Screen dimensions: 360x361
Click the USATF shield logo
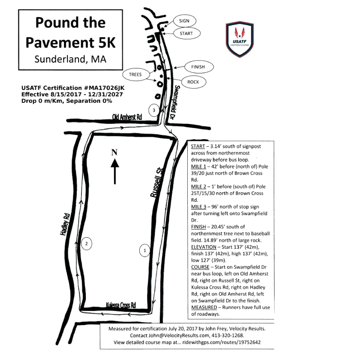click(x=240, y=39)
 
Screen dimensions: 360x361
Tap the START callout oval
click(x=186, y=33)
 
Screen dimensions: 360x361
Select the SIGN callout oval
click(x=184, y=21)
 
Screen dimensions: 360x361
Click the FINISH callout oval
click(x=198, y=67)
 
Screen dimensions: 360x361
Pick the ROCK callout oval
click(x=194, y=82)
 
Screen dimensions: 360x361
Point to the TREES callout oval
click(x=135, y=74)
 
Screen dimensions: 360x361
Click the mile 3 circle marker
click(x=154, y=110)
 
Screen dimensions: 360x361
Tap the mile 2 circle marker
click(x=86, y=244)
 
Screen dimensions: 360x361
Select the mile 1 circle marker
click(x=145, y=250)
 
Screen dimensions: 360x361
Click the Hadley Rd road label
click(x=65, y=225)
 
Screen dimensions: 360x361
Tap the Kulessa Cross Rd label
click(x=121, y=305)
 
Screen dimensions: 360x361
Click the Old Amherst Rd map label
click(x=127, y=117)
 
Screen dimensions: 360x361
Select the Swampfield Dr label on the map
click(x=175, y=101)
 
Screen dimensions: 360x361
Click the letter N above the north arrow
click(x=115, y=152)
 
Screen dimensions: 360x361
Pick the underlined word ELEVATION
click(x=204, y=247)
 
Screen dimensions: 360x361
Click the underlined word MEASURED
click(x=204, y=307)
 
